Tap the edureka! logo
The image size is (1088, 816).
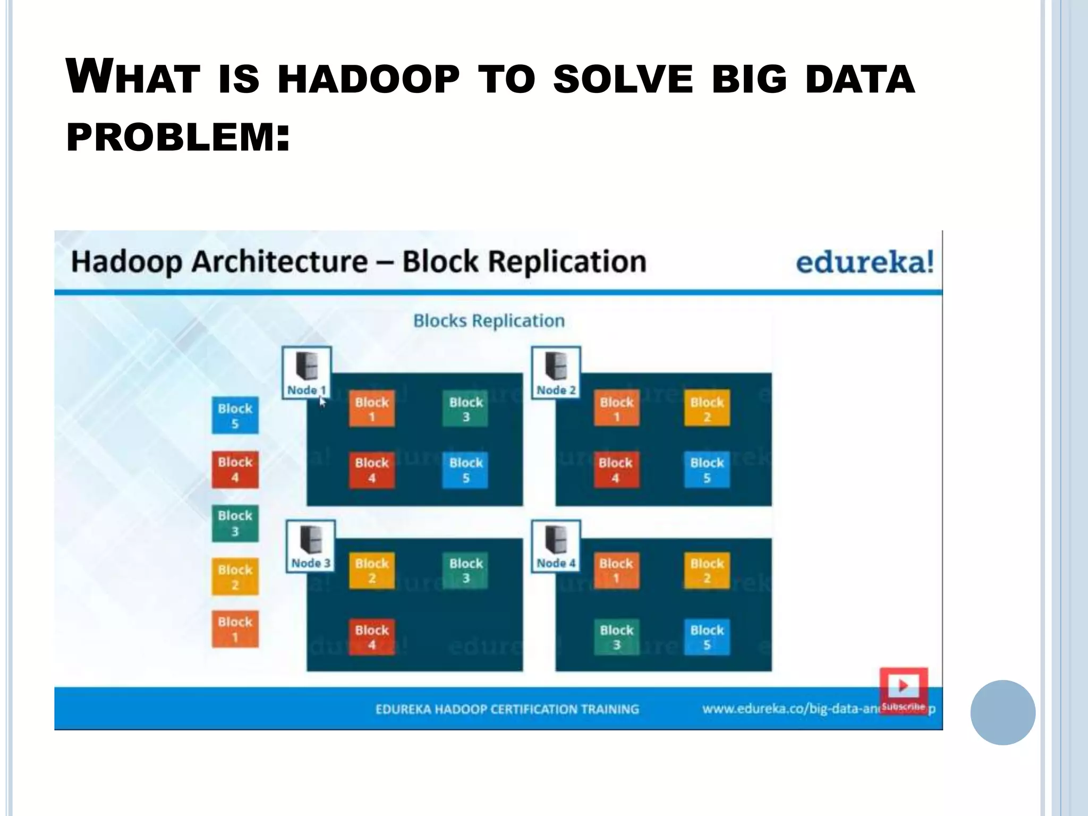864,262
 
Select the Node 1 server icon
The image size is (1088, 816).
307,367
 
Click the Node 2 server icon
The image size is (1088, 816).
556,367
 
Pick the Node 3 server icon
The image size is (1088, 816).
310,540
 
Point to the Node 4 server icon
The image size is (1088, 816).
556,540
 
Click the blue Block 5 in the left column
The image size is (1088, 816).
235,415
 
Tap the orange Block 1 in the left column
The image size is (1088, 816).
235,629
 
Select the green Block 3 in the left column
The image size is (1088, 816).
235,523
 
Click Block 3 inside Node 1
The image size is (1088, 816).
466,409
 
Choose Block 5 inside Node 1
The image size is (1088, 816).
466,470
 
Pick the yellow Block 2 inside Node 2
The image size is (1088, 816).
707,409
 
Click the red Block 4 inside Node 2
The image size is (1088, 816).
616,470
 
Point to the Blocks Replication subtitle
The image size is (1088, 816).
489,321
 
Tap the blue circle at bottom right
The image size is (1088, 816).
1002,712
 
